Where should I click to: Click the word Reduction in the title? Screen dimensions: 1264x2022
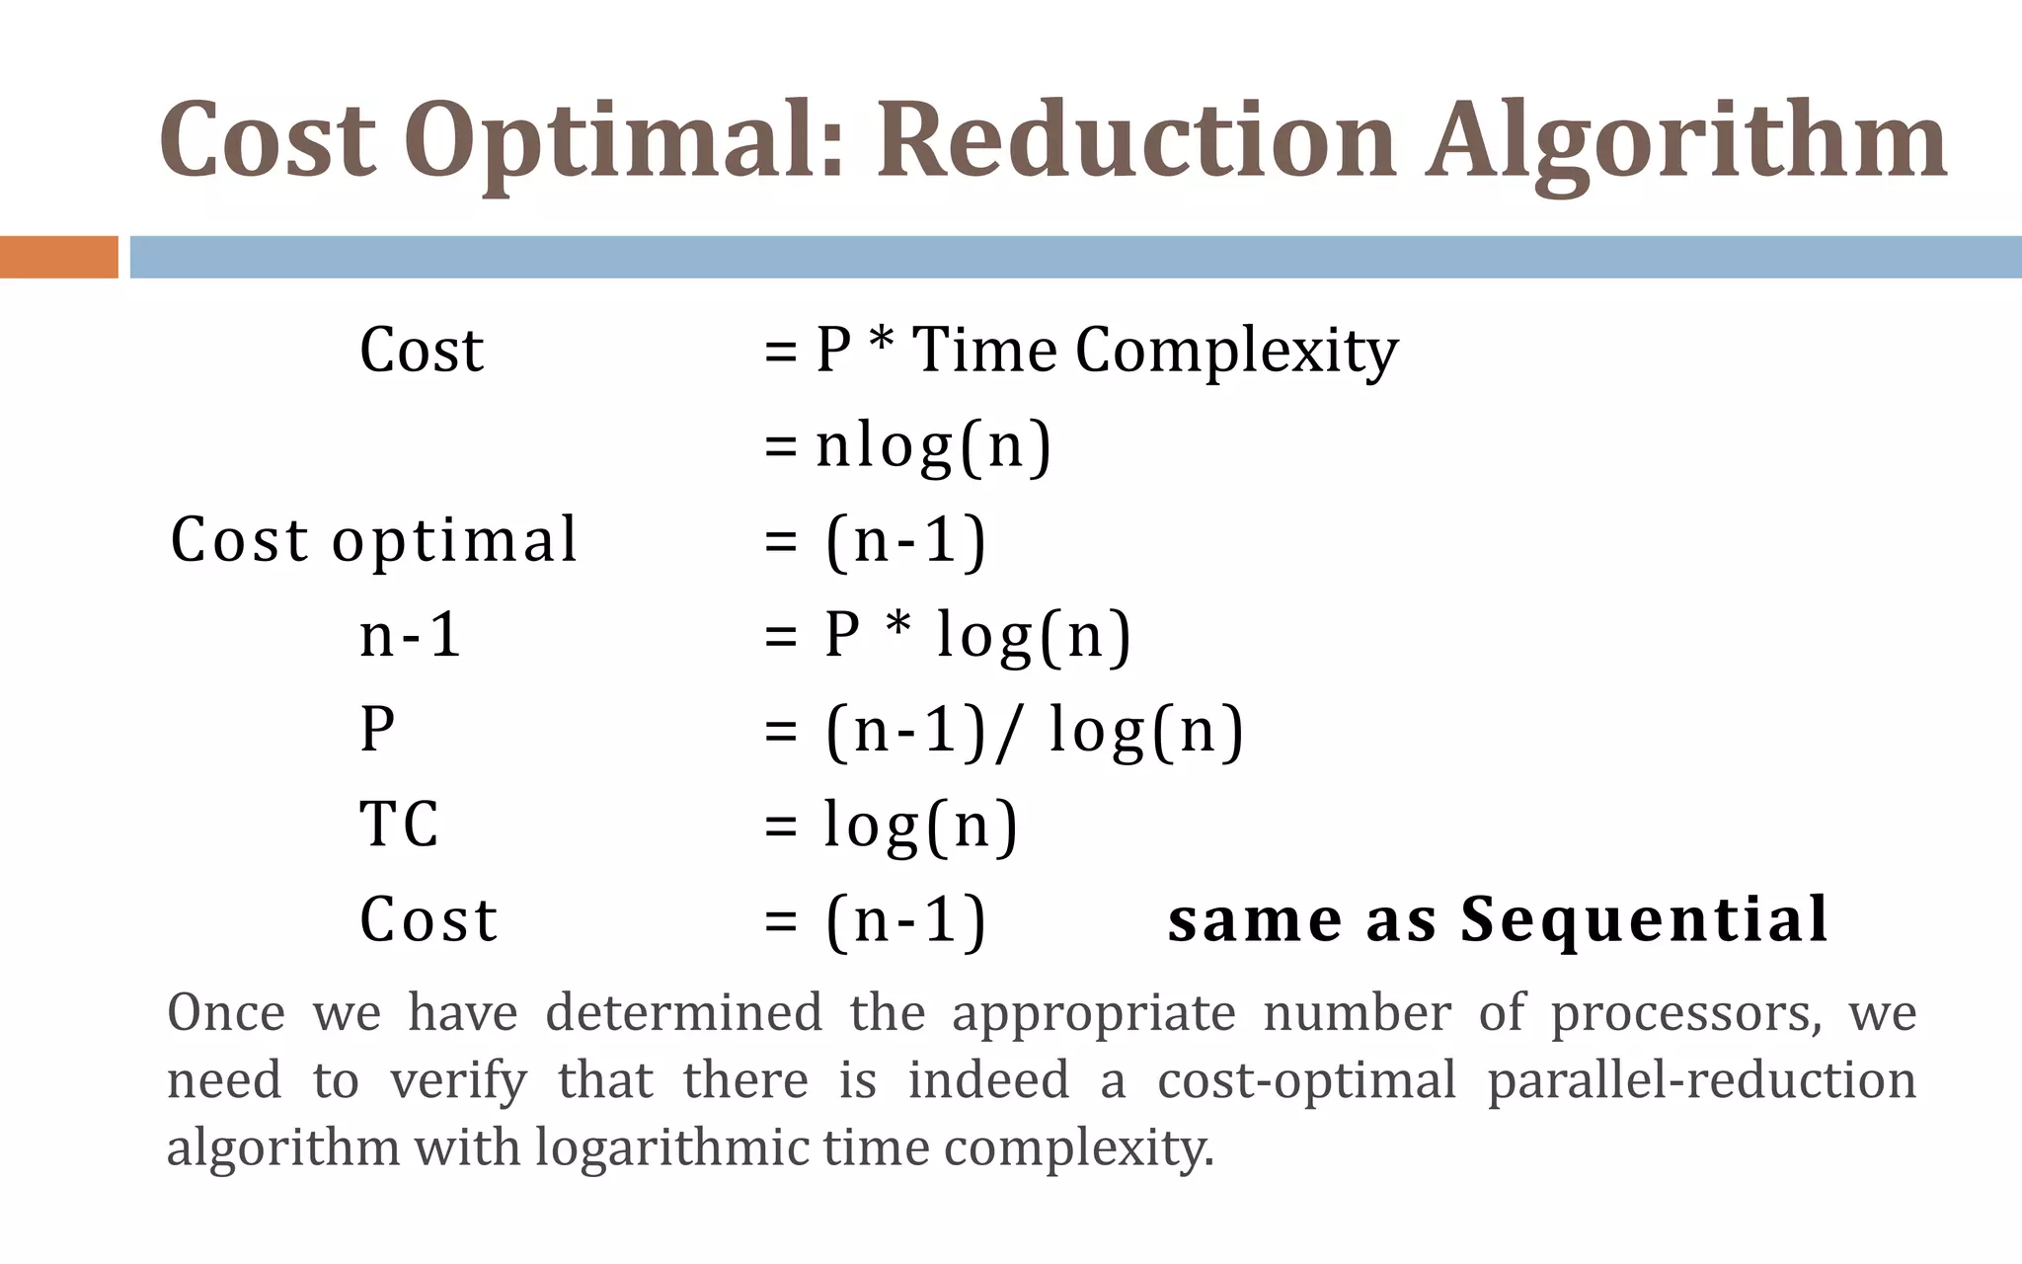[x=1136, y=140]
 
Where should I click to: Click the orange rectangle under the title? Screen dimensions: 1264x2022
[x=58, y=257]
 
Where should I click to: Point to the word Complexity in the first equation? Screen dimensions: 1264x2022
[x=1236, y=352]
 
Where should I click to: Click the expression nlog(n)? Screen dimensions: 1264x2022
[x=933, y=446]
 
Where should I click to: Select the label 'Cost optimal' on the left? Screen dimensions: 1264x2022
[x=373, y=540]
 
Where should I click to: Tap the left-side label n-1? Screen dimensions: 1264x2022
[x=410, y=635]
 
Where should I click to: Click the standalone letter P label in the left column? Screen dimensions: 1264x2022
[x=377, y=730]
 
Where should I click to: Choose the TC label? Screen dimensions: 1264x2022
[x=399, y=825]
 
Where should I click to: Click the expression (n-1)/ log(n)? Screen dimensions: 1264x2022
[x=1035, y=732]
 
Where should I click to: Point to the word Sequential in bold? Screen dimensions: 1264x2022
[x=1644, y=919]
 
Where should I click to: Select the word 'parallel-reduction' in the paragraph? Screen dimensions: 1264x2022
[x=1701, y=1080]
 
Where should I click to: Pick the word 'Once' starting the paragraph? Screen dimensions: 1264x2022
[x=226, y=1013]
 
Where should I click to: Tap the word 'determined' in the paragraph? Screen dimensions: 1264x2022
[x=683, y=1013]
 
